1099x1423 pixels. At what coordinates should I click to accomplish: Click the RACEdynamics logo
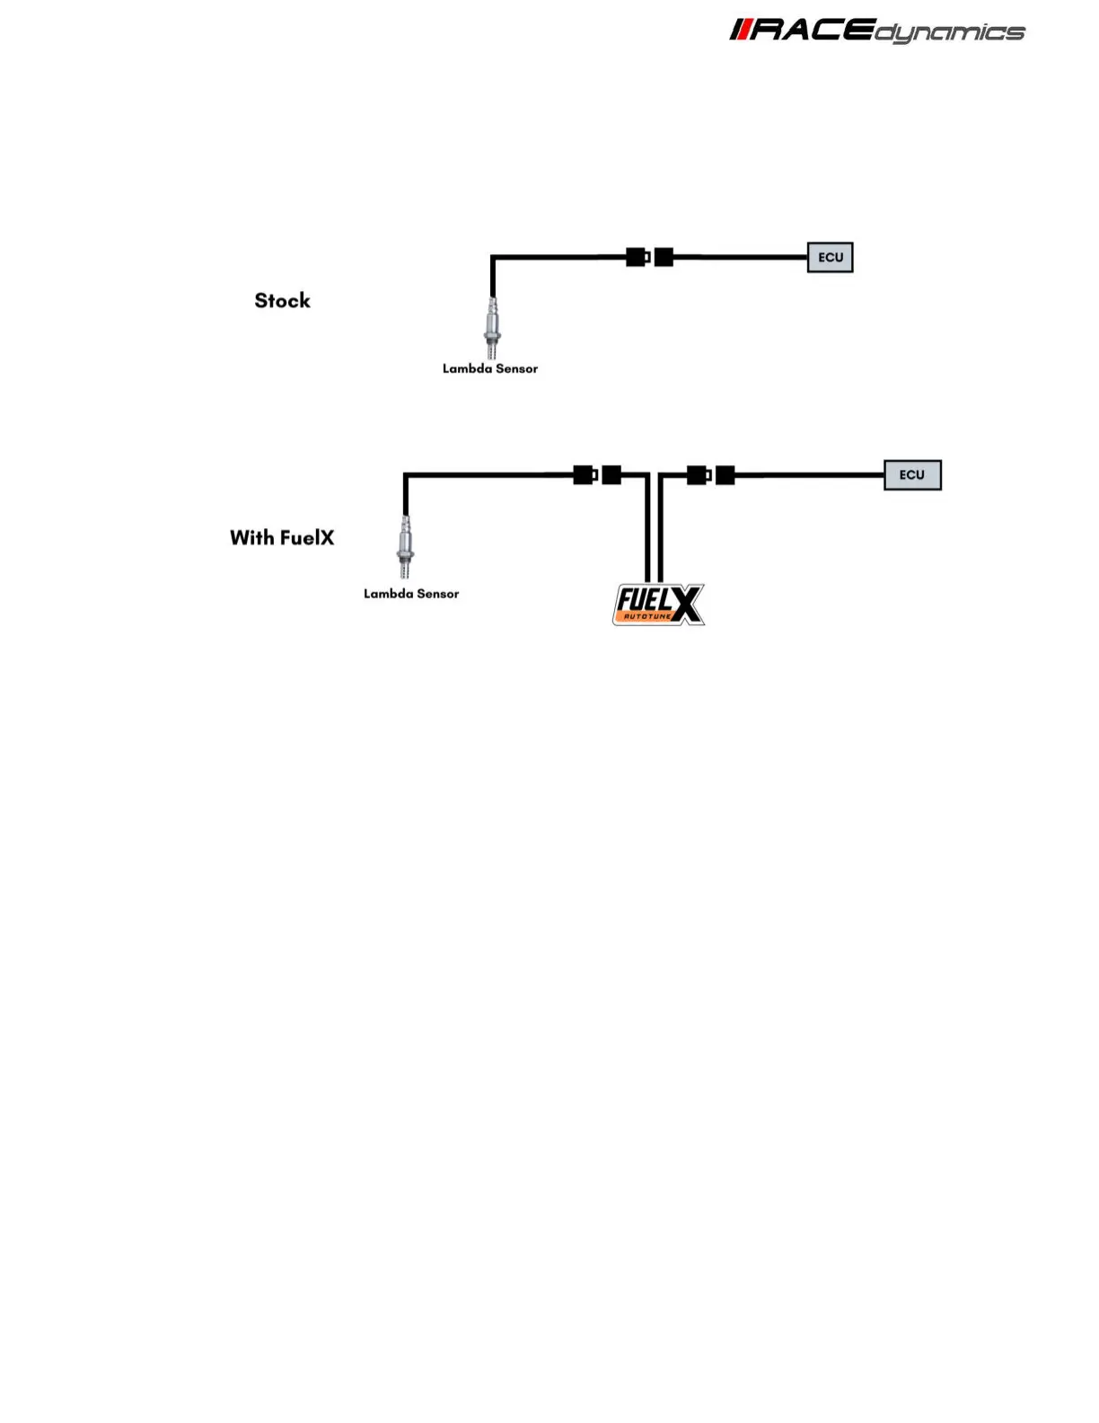coord(876,31)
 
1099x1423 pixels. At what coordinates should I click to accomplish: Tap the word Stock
coord(282,301)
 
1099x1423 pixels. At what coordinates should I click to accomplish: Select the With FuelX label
coord(282,538)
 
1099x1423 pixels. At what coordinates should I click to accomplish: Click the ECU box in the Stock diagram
coord(830,258)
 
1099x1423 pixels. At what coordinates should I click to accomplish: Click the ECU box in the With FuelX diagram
coord(912,475)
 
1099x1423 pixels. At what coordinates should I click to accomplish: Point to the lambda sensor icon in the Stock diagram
coord(492,329)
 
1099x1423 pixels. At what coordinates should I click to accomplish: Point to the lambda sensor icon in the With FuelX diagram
coord(406,547)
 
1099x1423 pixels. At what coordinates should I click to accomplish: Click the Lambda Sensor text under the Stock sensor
coord(490,368)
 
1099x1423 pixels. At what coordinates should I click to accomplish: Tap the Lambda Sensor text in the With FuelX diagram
coord(411,594)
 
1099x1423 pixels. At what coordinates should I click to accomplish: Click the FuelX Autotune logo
coord(658,605)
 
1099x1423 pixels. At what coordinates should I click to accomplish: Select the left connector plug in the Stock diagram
coord(637,258)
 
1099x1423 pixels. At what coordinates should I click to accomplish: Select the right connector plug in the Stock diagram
coord(664,258)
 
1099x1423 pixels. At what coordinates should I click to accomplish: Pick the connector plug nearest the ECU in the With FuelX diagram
coord(725,475)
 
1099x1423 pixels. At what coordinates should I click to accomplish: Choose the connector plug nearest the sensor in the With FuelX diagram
coord(585,475)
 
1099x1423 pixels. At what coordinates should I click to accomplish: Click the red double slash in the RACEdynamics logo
coord(740,31)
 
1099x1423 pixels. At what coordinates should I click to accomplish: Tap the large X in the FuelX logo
coord(686,605)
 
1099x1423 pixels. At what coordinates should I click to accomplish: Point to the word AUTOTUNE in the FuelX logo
coord(647,616)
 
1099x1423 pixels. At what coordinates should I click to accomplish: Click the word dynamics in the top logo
coord(950,34)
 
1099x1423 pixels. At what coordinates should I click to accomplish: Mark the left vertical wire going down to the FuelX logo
coord(646,530)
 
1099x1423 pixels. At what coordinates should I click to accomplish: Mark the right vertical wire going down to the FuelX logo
coord(661,530)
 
